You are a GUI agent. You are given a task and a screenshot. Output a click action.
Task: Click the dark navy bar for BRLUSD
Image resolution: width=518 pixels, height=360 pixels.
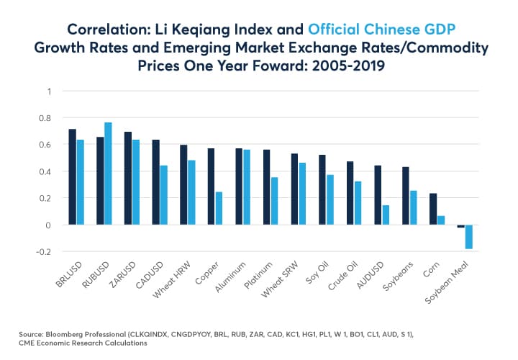(72, 177)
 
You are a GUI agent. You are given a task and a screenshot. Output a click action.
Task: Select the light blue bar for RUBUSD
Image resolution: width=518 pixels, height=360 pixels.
(108, 174)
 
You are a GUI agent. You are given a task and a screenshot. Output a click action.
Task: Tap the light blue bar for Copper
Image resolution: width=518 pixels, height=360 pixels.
(219, 208)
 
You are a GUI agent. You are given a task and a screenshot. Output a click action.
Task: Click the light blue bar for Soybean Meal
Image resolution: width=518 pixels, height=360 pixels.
(469, 237)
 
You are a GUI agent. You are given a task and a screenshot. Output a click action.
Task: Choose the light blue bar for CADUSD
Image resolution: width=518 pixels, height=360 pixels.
(163, 195)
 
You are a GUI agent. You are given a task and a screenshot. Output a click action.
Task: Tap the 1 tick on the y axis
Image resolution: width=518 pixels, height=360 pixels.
(50, 91)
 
